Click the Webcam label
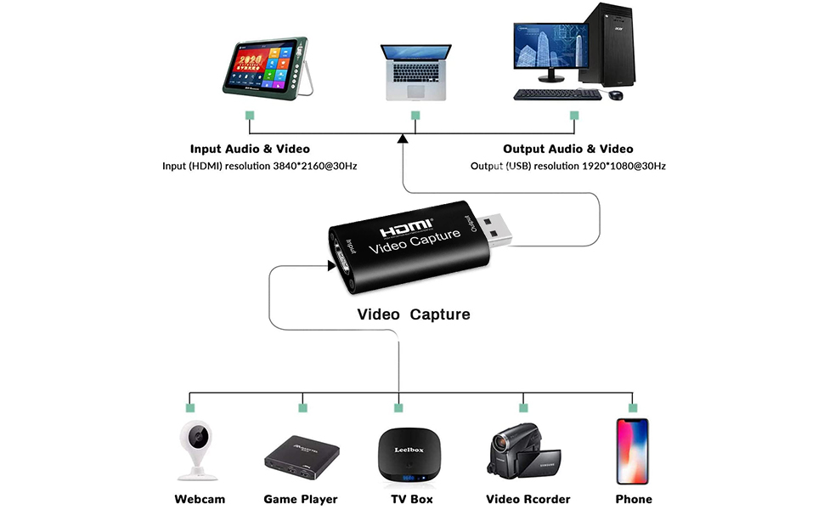click(200, 499)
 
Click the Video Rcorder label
click(528, 499)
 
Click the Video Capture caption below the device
click(414, 314)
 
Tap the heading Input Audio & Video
click(250, 149)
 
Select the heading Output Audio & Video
click(567, 149)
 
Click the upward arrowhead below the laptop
click(403, 139)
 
